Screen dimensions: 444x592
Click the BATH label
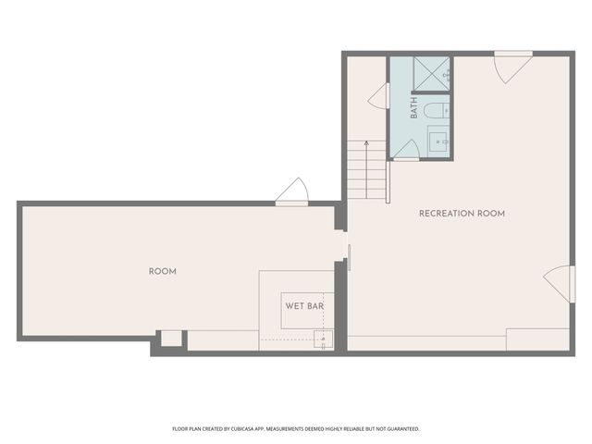pyautogui.click(x=414, y=107)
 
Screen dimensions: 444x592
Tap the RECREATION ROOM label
pyautogui.click(x=462, y=214)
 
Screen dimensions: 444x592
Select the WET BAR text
pyautogui.click(x=302, y=305)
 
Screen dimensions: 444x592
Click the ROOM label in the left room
pyautogui.click(x=162, y=271)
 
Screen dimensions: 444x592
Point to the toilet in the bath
pyautogui.click(x=436, y=112)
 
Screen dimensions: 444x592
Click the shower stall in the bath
pyautogui.click(x=431, y=74)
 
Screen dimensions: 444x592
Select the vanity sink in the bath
pyautogui.click(x=438, y=142)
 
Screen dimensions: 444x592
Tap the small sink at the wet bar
pyautogui.click(x=323, y=338)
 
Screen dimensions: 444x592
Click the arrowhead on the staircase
pyautogui.click(x=366, y=143)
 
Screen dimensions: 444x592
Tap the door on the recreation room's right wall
pyautogui.click(x=557, y=282)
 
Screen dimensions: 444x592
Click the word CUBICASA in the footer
pyautogui.click(x=268, y=429)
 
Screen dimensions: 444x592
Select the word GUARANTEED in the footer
pyautogui.click(x=400, y=429)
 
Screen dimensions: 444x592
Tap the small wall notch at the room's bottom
pyautogui.click(x=170, y=339)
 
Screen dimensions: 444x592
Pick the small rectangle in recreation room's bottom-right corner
pyautogui.click(x=537, y=339)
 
